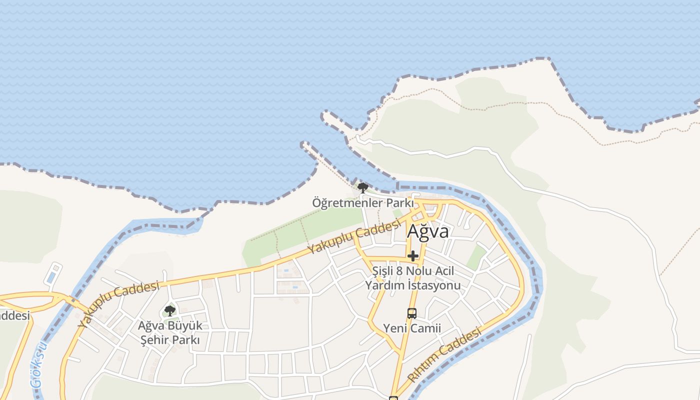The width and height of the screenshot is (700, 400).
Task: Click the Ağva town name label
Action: (x=427, y=231)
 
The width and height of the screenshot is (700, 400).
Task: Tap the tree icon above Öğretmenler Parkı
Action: (x=363, y=188)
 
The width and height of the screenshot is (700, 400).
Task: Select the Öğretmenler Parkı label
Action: (x=363, y=203)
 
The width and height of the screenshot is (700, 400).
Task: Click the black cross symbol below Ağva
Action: (x=412, y=256)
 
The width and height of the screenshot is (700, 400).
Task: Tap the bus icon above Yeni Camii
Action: (x=412, y=313)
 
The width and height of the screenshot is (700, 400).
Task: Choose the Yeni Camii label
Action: (x=412, y=328)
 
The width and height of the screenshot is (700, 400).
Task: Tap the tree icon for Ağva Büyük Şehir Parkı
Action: (x=170, y=310)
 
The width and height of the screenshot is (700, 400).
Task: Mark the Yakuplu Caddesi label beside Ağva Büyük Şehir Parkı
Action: (x=118, y=303)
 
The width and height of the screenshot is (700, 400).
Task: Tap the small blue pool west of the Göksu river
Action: (x=51, y=277)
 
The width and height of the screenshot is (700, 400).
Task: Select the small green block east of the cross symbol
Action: (x=475, y=257)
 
